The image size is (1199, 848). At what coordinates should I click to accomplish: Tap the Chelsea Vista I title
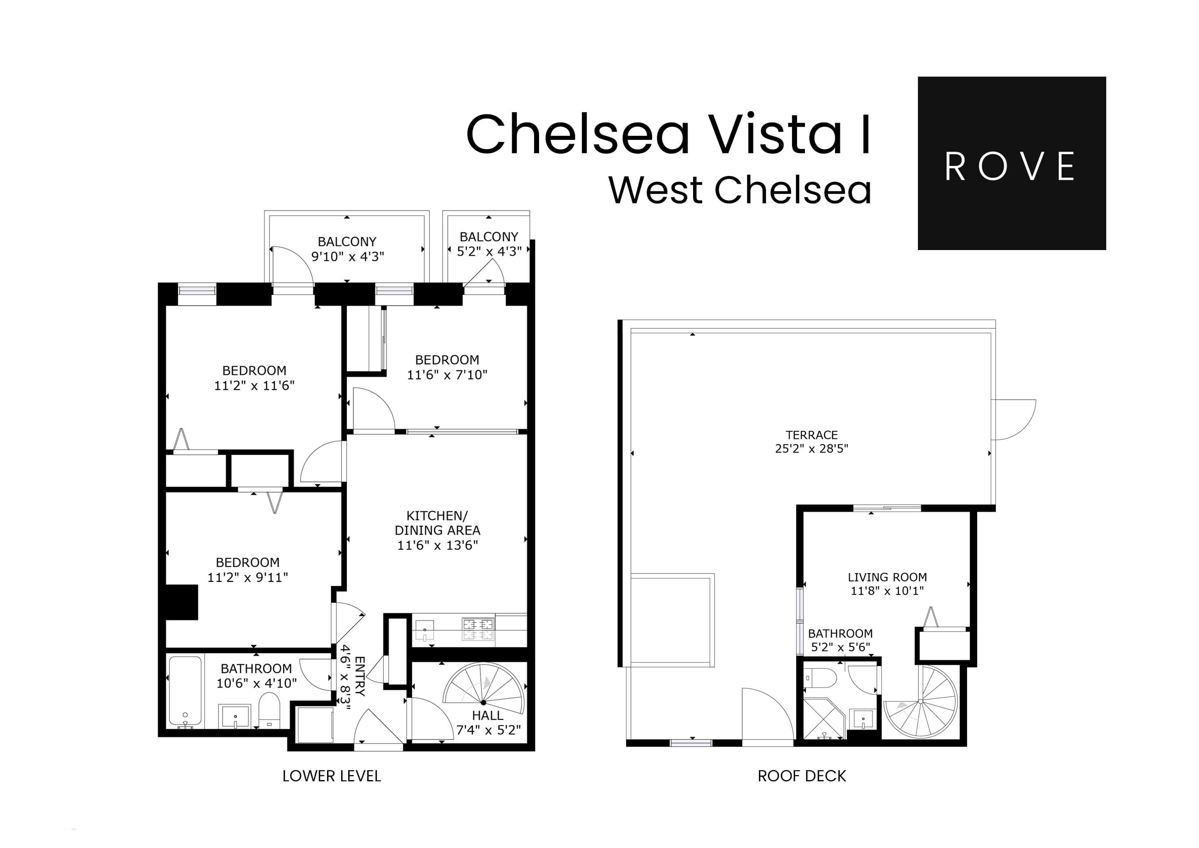pyautogui.click(x=668, y=134)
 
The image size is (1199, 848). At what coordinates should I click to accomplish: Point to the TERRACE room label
pyautogui.click(x=811, y=435)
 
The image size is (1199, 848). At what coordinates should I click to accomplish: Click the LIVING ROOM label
pyautogui.click(x=887, y=577)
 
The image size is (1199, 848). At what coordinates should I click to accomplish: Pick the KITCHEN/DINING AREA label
pyautogui.click(x=437, y=523)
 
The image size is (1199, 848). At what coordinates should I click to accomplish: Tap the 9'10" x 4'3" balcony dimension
pyautogui.click(x=347, y=256)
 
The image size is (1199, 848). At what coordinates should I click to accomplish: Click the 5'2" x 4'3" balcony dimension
pyautogui.click(x=489, y=251)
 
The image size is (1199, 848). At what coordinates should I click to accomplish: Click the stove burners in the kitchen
pyautogui.click(x=478, y=629)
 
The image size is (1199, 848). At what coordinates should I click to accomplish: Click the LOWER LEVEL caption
pyautogui.click(x=332, y=776)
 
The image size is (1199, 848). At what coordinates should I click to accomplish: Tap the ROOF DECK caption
pyautogui.click(x=802, y=776)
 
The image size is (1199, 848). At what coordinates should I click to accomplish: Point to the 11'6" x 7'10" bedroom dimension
pyautogui.click(x=447, y=374)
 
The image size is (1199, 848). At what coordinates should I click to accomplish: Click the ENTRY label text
pyautogui.click(x=360, y=676)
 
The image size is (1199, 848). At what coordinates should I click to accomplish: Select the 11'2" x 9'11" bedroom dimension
pyautogui.click(x=248, y=577)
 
